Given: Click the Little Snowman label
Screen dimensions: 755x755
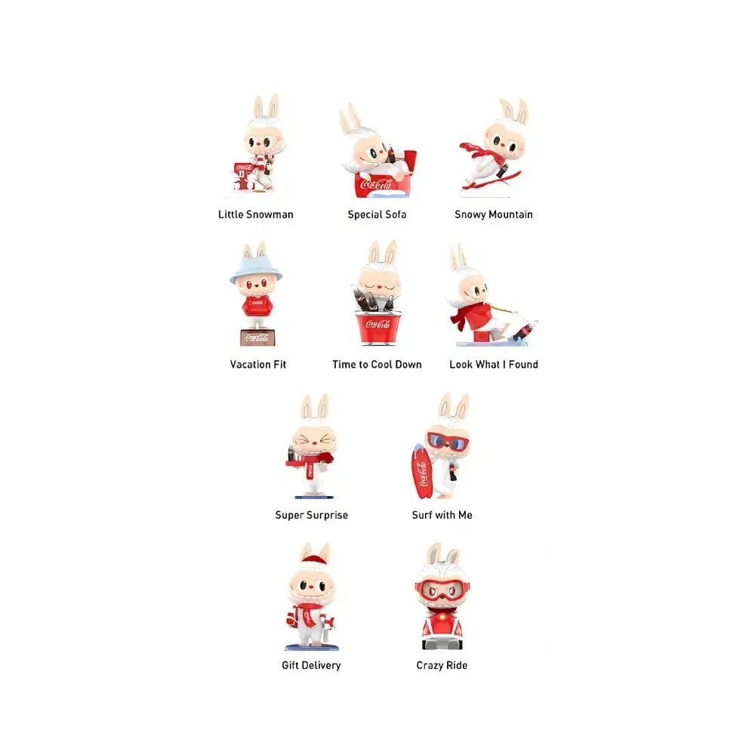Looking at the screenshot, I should point(255,214).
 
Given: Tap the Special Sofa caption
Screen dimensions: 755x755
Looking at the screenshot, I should point(377,214).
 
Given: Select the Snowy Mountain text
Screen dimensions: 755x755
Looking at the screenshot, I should point(493,214).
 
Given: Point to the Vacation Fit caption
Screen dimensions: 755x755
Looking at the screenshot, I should point(258,365).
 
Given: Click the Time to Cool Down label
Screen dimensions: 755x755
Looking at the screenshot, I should point(377,365).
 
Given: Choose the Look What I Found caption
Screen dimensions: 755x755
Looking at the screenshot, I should point(493,365).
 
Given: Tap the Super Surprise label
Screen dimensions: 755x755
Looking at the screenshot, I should point(311,516).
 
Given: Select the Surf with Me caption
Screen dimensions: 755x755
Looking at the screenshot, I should point(442,516).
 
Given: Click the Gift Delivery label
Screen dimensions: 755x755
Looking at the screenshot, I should point(311,665).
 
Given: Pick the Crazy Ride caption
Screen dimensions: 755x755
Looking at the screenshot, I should point(442,665).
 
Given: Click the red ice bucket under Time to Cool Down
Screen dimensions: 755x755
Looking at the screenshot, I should point(377,328).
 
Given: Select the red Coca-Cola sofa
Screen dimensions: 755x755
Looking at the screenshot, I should point(377,183).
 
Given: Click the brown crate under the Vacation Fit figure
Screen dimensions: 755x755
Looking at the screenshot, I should point(256,337).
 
